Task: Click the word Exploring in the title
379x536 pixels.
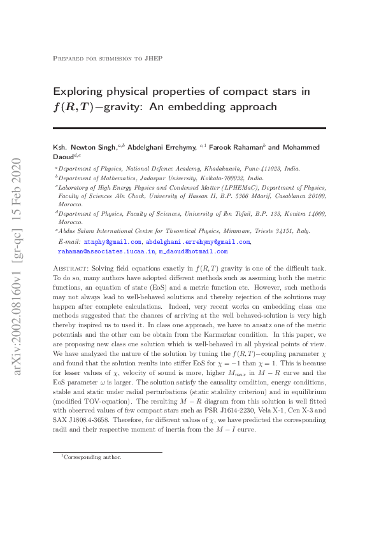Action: (78, 92)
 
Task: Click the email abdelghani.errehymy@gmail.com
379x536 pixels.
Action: (197, 243)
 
